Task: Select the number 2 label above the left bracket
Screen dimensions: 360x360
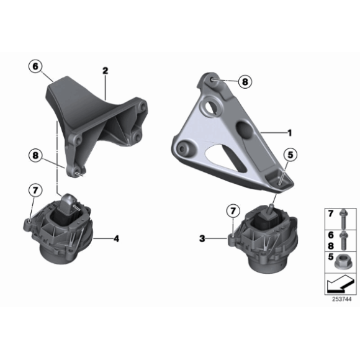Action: pyautogui.click(x=106, y=72)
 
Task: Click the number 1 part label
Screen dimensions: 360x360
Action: pyautogui.click(x=289, y=132)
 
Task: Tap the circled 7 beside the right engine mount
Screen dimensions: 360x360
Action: pyautogui.click(x=233, y=211)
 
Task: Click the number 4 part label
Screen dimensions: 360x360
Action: pyautogui.click(x=115, y=237)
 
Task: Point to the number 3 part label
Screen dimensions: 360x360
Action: pyautogui.click(x=202, y=237)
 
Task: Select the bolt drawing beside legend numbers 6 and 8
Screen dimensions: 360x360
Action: pyautogui.click(x=345, y=239)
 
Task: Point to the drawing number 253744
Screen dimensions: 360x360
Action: pyautogui.click(x=341, y=299)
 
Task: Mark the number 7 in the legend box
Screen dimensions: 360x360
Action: pyautogui.click(x=331, y=215)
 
